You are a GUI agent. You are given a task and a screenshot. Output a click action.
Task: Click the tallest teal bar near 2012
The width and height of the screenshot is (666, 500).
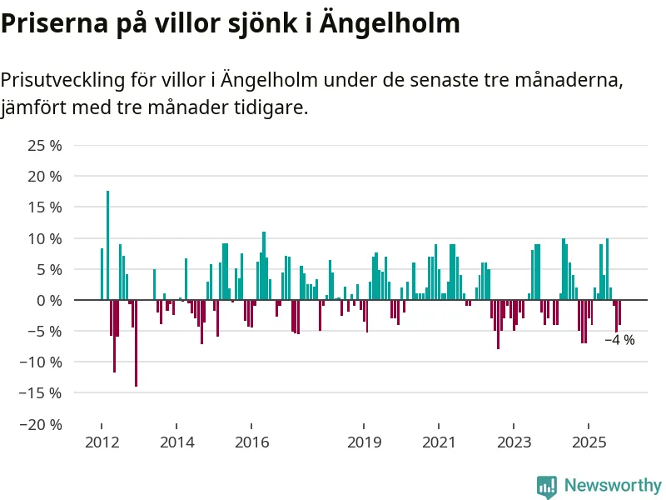[107, 245]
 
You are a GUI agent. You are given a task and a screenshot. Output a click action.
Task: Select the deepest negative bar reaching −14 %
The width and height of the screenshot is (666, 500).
[136, 342]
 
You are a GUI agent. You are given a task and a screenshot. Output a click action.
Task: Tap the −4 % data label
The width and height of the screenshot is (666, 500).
[619, 340]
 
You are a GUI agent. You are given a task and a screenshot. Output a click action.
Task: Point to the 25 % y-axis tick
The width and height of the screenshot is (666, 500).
[46, 146]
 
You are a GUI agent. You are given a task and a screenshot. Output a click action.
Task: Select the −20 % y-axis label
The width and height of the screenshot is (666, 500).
[42, 424]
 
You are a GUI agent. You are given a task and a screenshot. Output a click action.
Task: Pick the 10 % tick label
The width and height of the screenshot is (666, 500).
[46, 238]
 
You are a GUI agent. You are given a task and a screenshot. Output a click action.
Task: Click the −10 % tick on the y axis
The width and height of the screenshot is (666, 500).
[42, 362]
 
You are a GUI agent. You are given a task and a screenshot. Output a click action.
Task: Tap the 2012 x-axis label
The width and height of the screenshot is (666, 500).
[101, 442]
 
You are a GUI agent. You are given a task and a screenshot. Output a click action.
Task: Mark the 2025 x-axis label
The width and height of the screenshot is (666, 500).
[589, 442]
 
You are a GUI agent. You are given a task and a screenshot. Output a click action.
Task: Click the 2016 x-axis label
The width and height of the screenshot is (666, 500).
[251, 442]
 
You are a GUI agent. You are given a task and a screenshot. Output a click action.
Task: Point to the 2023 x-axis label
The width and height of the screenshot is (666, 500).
[514, 442]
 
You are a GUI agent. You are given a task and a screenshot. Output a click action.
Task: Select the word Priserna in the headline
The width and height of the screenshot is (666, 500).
[51, 23]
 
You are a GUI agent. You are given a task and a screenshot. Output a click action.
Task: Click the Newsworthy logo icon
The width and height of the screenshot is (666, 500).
[547, 486]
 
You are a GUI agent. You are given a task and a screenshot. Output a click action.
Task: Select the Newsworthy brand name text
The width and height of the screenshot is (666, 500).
[613, 485]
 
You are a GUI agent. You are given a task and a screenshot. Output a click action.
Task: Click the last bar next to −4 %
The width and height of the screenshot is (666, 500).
[619, 312]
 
